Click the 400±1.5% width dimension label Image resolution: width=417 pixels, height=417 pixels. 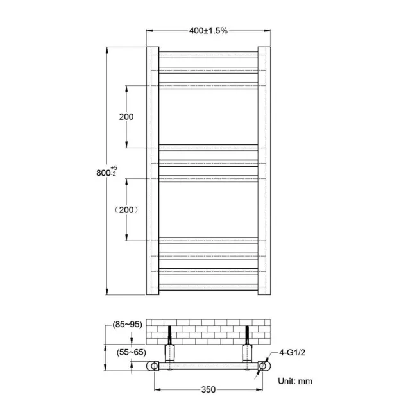click(x=208, y=30)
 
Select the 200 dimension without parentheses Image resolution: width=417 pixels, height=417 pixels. click(x=126, y=117)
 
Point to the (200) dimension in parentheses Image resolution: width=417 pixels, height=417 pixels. click(x=126, y=210)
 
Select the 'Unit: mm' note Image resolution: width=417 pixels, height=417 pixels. click(x=295, y=380)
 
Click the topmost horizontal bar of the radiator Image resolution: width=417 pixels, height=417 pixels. click(x=208, y=55)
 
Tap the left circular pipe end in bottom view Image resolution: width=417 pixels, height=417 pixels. click(x=154, y=366)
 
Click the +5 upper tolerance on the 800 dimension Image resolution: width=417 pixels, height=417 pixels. click(x=114, y=167)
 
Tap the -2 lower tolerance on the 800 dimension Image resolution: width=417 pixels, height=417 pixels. click(x=113, y=174)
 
